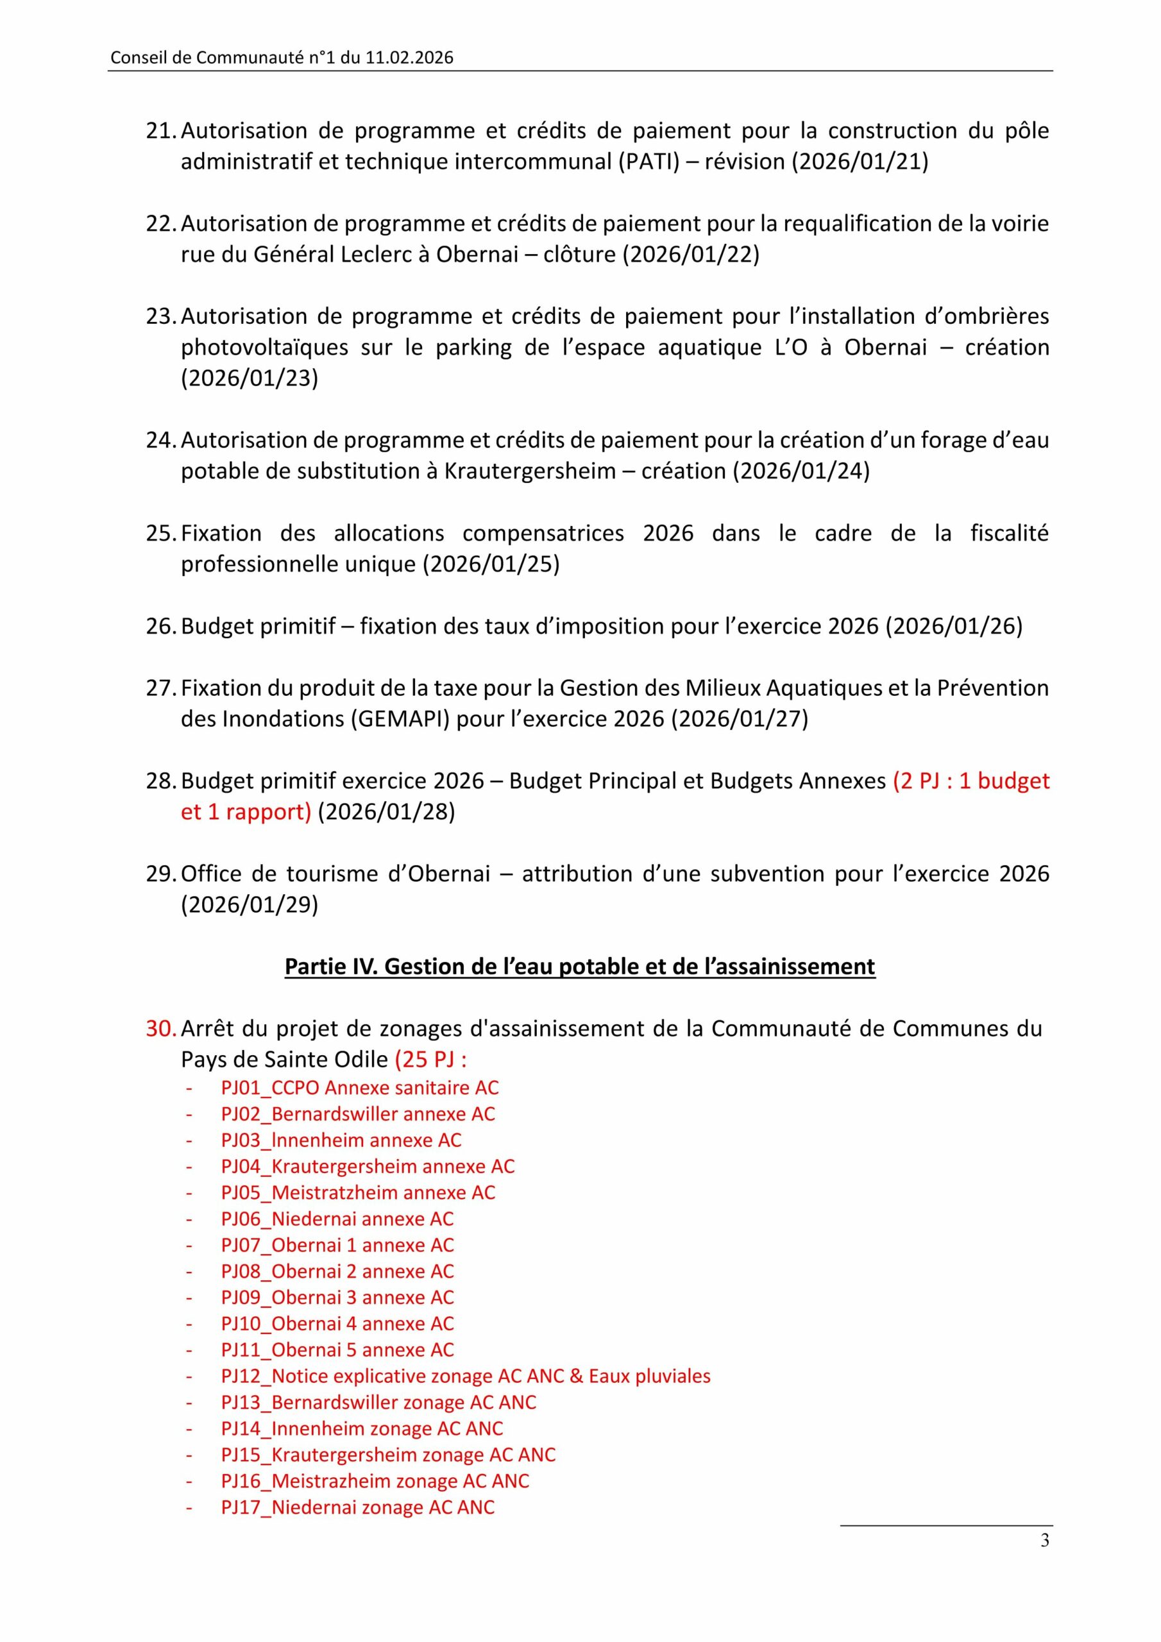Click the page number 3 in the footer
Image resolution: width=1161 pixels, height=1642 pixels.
pyautogui.click(x=1044, y=1541)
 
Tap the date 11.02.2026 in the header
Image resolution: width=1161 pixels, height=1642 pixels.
pyautogui.click(x=409, y=58)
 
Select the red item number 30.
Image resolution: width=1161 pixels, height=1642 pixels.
pyautogui.click(x=161, y=1028)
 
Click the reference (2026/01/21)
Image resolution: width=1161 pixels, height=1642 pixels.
pyautogui.click(x=859, y=162)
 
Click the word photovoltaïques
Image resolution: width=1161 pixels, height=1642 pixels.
pyautogui.click(x=264, y=348)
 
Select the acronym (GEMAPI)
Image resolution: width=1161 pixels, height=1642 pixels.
pyautogui.click(x=401, y=719)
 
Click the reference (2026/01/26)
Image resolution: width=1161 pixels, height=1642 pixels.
pyautogui.click(x=954, y=626)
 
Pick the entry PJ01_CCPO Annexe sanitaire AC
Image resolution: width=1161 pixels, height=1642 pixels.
pyautogui.click(x=360, y=1088)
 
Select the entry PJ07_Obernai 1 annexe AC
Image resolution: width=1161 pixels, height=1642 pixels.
pyautogui.click(x=337, y=1245)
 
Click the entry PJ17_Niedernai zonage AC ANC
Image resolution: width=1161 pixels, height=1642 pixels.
pyautogui.click(x=358, y=1507)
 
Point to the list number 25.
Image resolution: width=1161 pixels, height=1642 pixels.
pyautogui.click(x=161, y=534)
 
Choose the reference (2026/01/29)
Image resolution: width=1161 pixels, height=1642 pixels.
pyautogui.click(x=249, y=904)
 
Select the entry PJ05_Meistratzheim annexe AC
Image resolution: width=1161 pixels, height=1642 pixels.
pyautogui.click(x=358, y=1192)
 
